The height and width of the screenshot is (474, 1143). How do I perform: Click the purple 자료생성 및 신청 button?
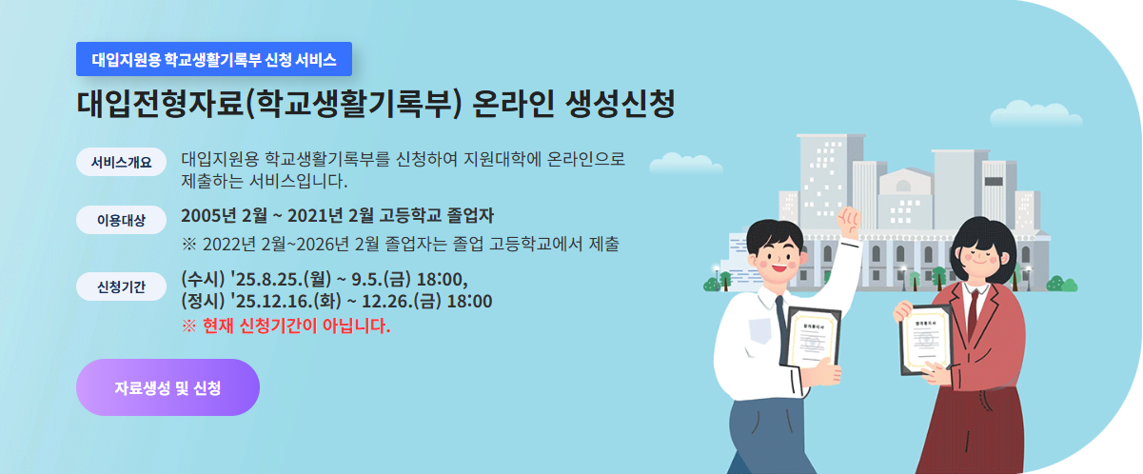click(168, 387)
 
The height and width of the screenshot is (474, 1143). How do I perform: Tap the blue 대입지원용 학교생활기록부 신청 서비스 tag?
click(214, 59)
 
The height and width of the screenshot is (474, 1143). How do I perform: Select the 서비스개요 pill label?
click(121, 161)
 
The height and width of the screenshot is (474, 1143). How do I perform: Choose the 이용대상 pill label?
click(121, 221)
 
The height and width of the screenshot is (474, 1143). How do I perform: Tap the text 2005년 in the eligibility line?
click(207, 214)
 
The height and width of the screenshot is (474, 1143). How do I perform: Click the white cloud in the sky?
click(1035, 114)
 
